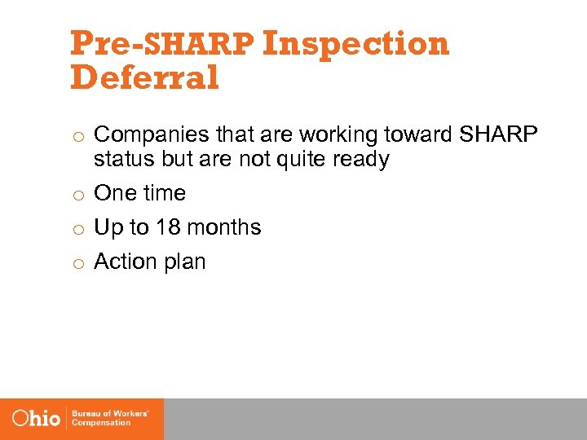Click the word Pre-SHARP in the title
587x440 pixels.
click(x=162, y=44)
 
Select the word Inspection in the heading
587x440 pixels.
click(x=356, y=44)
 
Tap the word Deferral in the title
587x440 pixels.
click(x=145, y=78)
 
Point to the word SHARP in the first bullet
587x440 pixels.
click(x=499, y=134)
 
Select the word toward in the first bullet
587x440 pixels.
click(x=414, y=134)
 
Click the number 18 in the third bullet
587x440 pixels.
click(x=168, y=227)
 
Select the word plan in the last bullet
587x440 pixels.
click(x=186, y=262)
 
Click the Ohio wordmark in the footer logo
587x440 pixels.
click(x=37, y=419)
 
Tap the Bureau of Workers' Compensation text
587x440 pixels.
click(x=110, y=419)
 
